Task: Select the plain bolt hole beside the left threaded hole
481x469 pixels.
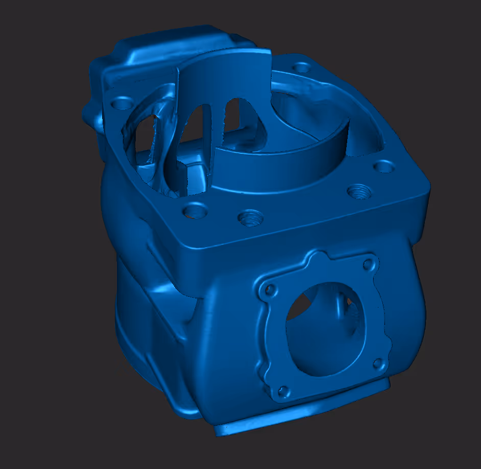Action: point(196,210)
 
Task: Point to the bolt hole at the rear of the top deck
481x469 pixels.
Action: point(302,67)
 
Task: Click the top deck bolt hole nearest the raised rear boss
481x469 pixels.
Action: point(122,104)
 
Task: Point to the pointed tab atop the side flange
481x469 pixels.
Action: point(318,255)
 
